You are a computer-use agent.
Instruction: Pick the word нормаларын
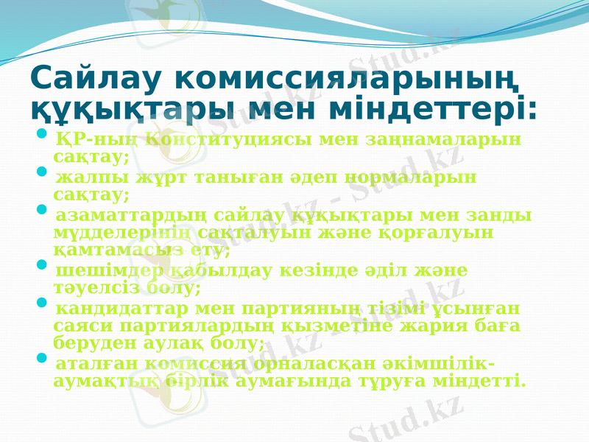point(407,178)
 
